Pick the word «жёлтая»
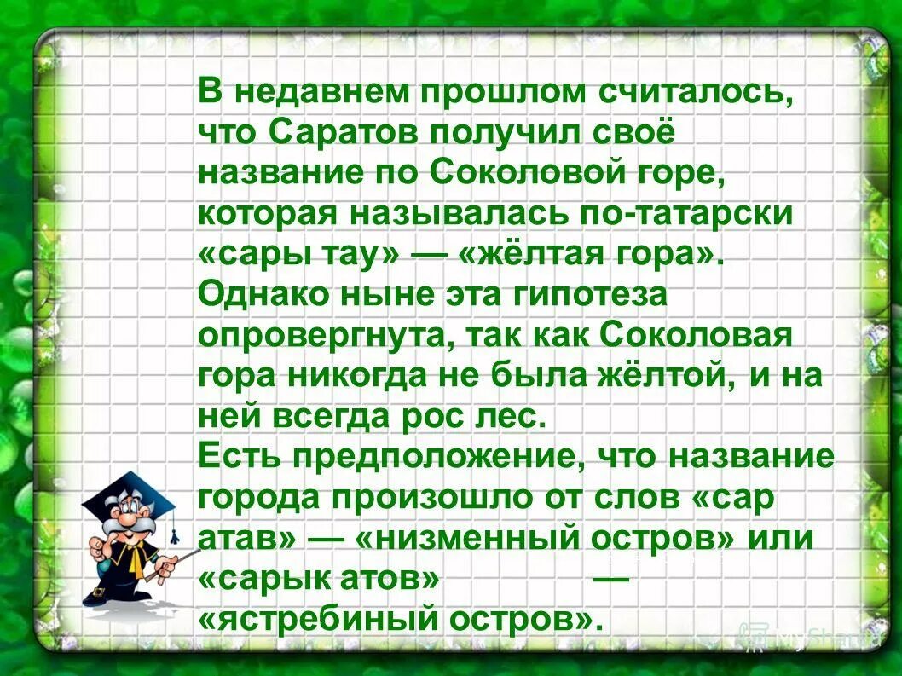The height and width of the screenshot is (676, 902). click(541, 256)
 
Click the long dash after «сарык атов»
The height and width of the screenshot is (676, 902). click(610, 578)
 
